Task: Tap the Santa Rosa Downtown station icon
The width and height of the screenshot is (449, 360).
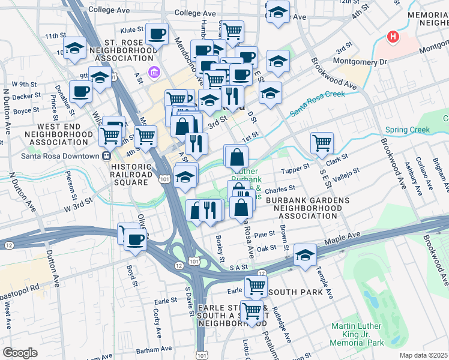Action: (x=106, y=156)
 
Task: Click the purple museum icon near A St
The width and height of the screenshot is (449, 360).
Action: (x=154, y=73)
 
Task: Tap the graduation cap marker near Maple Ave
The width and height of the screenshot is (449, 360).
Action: (x=305, y=255)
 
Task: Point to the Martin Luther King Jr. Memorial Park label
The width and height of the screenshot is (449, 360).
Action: (x=357, y=334)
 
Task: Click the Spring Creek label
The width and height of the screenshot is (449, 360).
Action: (x=408, y=130)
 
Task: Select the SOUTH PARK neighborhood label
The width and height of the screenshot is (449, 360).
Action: (x=300, y=292)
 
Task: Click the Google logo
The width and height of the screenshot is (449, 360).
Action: (x=20, y=353)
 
